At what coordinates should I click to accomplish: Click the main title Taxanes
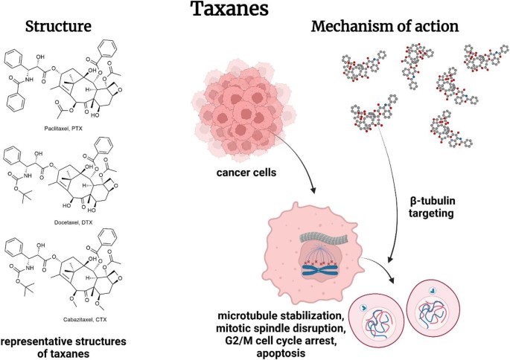pos(229,8)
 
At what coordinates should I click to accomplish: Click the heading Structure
pos(58,26)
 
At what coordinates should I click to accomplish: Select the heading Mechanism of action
pos(385,26)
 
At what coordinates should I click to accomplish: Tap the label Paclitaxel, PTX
pos(63,129)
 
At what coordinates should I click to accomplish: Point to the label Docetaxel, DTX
pos(73,222)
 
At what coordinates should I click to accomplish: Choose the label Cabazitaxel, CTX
pos(85,319)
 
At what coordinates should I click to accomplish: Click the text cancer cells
pos(246,173)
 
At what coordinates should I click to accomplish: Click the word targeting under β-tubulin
pos(431,213)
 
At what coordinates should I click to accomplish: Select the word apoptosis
pos(281,353)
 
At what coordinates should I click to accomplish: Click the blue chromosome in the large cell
pos(320,270)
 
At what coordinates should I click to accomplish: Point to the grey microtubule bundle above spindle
pos(324,238)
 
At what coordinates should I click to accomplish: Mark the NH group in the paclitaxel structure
pos(29,80)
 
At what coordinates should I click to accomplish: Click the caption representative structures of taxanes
pos(63,347)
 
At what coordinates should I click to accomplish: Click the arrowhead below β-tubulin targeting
pos(390,259)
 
